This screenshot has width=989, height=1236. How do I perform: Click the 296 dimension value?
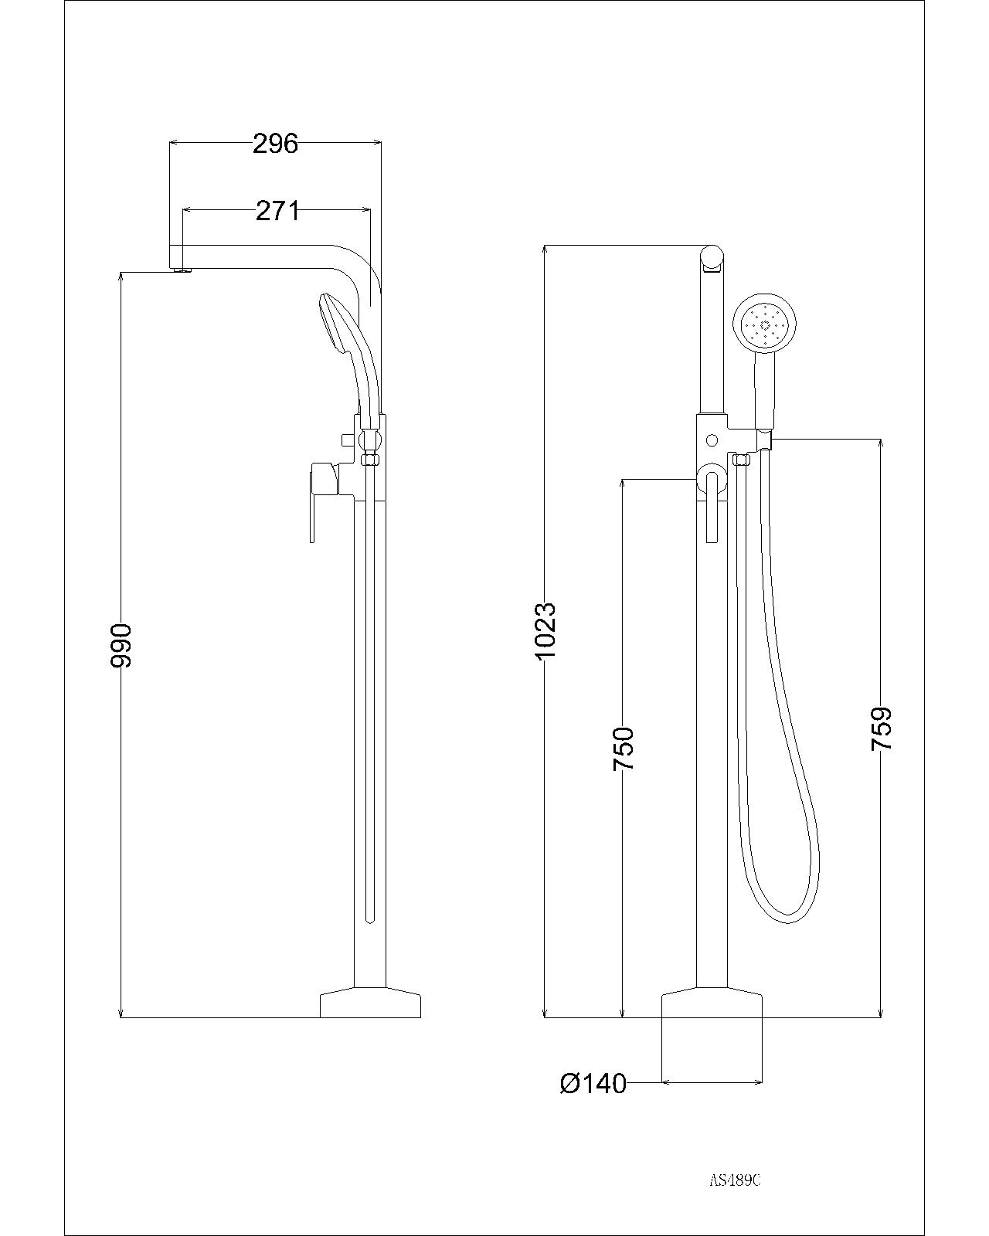click(275, 144)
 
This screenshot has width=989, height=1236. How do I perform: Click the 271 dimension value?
click(277, 210)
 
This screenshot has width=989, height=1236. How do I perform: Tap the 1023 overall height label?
click(545, 631)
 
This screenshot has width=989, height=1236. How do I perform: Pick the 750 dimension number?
click(623, 748)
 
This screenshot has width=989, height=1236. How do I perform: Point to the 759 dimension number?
click(882, 728)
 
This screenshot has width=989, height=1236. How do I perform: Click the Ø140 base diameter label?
click(593, 1084)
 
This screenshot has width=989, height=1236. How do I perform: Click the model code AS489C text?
click(736, 1180)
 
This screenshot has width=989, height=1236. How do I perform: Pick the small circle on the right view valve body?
click(712, 440)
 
